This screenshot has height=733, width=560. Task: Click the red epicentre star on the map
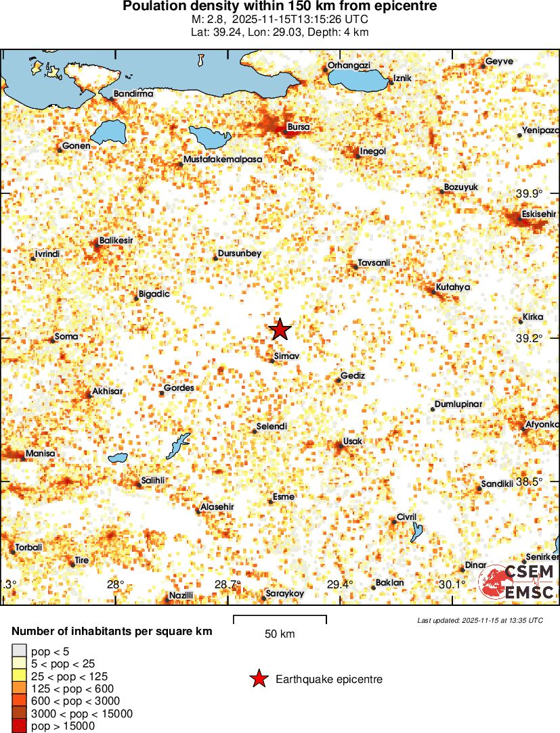[280, 329]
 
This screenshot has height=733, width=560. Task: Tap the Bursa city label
[299, 126]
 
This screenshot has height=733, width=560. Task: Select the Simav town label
[287, 355]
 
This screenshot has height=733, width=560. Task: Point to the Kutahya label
[453, 287]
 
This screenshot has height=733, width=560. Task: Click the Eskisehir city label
[538, 215]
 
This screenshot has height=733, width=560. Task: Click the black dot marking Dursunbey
[215, 258]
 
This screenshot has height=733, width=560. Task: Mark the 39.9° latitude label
[529, 194]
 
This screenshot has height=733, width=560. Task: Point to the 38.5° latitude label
[529, 482]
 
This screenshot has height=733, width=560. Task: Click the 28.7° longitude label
[228, 584]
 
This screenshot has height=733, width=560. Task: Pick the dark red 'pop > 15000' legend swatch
[18, 726]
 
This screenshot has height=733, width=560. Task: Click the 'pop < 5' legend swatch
[18, 651]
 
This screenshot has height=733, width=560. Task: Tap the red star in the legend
[259, 680]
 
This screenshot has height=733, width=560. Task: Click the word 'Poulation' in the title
[152, 6]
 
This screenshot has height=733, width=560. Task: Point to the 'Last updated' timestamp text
[479, 620]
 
